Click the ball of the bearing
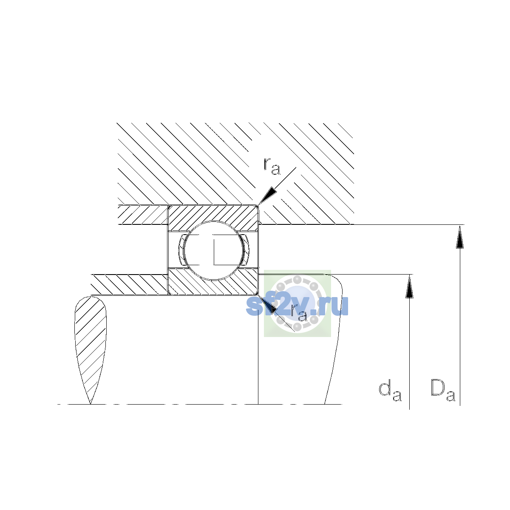pyautogui.click(x=213, y=250)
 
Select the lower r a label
pyautogui.click(x=299, y=313)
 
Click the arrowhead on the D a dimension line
pyautogui.click(x=460, y=237)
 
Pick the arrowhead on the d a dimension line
pyautogui.click(x=409, y=286)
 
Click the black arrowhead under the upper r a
pyautogui.click(x=267, y=196)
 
